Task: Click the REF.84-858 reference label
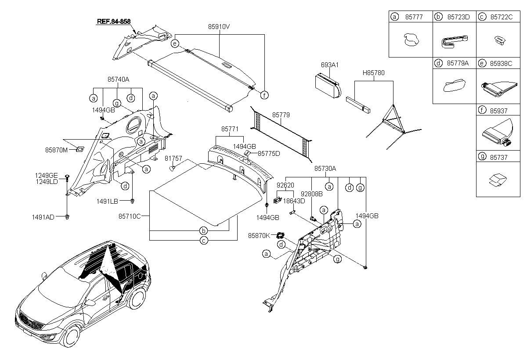pos(114,21)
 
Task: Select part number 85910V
pos(219,27)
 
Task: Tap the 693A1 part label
pos(329,65)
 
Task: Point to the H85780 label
pos(373,73)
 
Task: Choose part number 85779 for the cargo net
pos(281,115)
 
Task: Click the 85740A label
pos(118,80)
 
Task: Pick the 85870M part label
pos(56,150)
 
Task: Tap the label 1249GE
pos(47,175)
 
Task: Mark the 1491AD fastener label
pos(43,217)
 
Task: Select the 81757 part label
pos(173,158)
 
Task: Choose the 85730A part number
pos(325,169)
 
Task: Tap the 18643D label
pos(294,201)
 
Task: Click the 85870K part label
pos(259,236)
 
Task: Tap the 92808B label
pos(312,193)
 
